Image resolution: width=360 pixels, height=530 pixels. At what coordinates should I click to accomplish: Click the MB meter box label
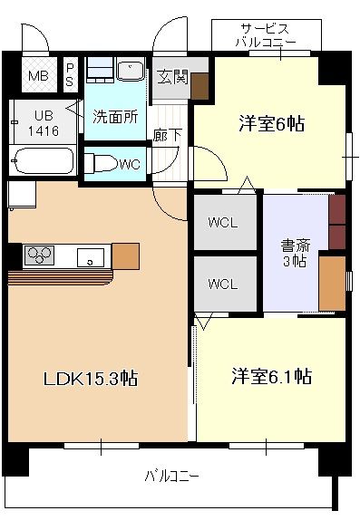[x=37, y=75]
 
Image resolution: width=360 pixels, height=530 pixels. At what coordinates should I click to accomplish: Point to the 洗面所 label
[x=113, y=116]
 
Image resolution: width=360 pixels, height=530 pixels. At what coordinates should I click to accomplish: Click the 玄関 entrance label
[x=172, y=77]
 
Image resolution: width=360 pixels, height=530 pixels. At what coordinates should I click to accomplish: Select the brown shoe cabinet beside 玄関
[x=199, y=84]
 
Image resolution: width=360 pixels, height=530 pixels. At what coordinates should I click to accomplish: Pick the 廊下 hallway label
[x=164, y=135]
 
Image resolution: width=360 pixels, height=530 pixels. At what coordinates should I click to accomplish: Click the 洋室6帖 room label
[x=270, y=124]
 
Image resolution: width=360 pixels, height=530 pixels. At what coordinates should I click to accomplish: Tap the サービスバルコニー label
[x=266, y=34]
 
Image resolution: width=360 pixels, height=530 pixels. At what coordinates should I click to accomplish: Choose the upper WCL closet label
[x=222, y=222]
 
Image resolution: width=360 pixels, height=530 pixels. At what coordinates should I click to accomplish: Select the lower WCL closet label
[x=222, y=284]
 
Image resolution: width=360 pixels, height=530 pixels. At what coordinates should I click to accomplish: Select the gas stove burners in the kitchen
[x=39, y=255]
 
